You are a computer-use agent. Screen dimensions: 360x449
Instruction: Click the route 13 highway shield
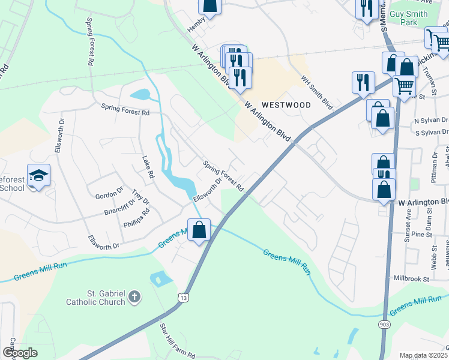tap(182, 297)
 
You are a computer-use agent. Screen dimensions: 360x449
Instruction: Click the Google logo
tap(20, 353)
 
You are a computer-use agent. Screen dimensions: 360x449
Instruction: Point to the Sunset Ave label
tap(408, 222)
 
